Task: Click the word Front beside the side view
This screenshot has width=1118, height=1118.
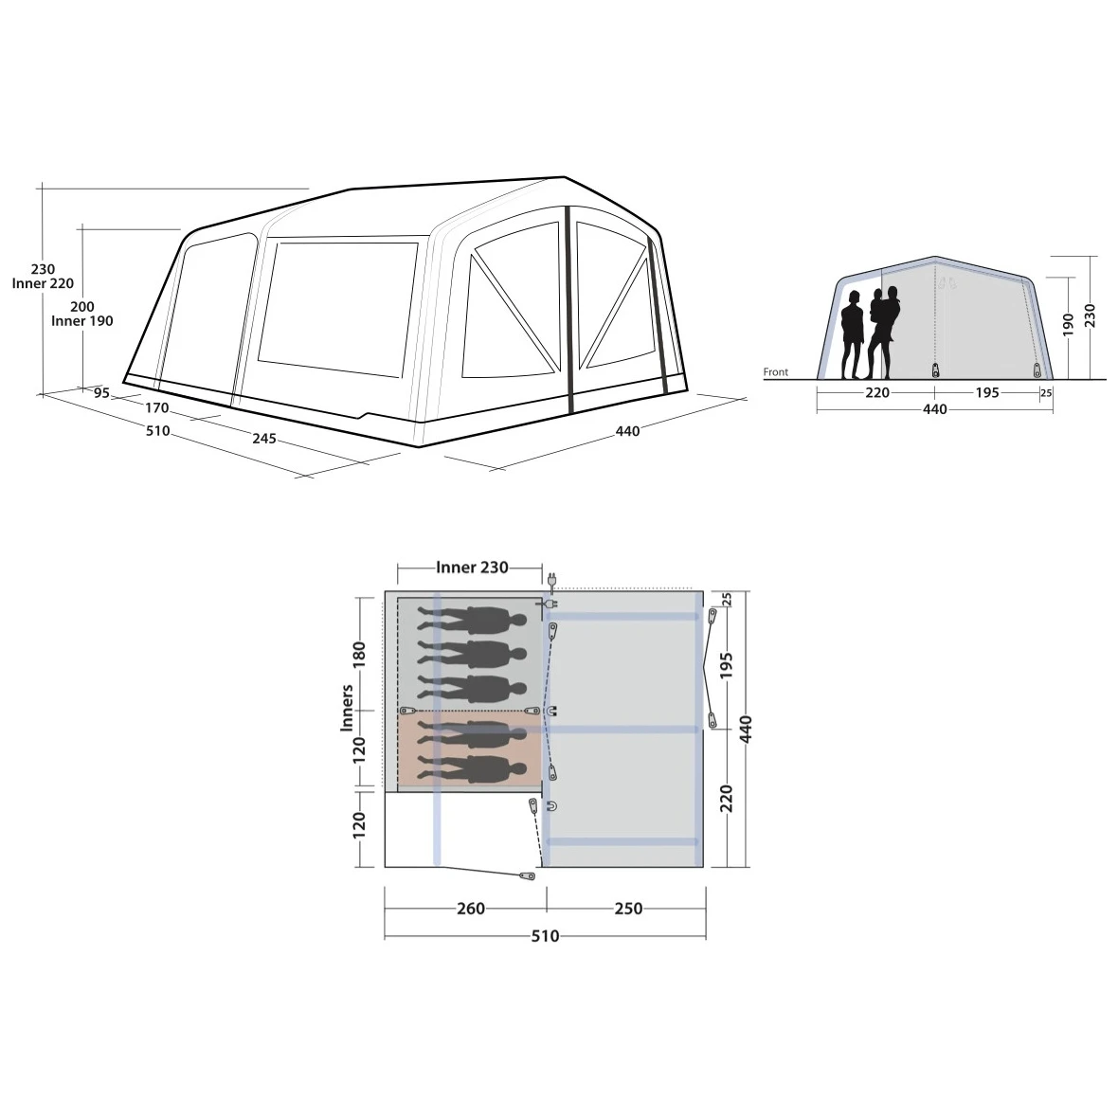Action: point(776,371)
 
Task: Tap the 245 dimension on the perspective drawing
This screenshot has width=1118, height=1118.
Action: point(263,438)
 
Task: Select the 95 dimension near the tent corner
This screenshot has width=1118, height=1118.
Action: point(102,392)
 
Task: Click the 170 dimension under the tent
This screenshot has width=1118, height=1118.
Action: point(157,407)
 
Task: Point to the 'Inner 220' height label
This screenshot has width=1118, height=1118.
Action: point(43,283)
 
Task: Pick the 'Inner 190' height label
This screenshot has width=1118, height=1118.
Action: point(82,321)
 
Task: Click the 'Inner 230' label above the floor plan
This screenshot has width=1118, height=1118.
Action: point(472,567)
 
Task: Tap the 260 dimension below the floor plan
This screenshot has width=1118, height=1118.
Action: point(471,909)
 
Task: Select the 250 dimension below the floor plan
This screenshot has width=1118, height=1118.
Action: point(628,909)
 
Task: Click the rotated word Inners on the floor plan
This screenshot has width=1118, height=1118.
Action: point(347,708)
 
